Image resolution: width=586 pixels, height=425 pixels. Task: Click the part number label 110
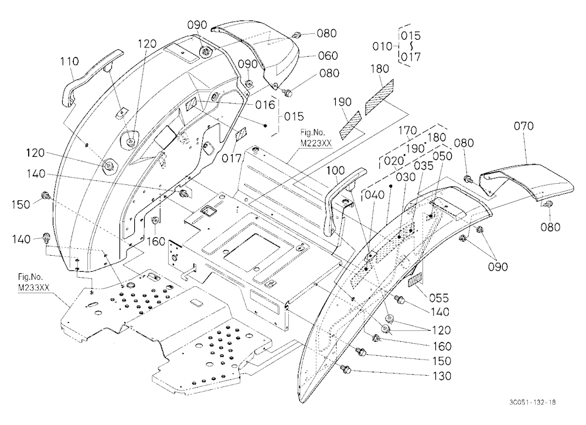pos(70,61)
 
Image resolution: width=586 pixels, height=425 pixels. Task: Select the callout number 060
pos(328,56)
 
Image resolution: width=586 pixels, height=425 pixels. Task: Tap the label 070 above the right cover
pos(523,126)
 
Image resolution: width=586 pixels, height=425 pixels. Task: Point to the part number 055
pos(438,297)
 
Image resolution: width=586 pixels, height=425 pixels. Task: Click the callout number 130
pos(441,376)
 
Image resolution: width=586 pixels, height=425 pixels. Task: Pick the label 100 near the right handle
pos(335,171)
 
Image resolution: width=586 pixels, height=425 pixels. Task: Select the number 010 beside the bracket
pos(382,46)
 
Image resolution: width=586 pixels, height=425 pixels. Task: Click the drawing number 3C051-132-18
pos(532,402)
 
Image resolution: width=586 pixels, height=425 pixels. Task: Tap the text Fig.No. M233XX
pos(33,282)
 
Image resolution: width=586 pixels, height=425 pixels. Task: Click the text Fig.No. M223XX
pos(316,138)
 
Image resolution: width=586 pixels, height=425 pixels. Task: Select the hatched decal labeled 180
pos(379,97)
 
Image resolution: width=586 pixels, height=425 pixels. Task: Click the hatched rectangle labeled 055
pos(415,280)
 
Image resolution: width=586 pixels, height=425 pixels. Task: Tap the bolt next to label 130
pos(345,369)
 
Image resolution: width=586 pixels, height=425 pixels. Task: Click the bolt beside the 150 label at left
pos(46,195)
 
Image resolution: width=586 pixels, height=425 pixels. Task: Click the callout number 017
pos(231,158)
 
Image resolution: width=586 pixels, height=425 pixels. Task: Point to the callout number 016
pos(265,105)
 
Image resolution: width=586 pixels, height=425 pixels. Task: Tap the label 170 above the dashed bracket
pos(407,131)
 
